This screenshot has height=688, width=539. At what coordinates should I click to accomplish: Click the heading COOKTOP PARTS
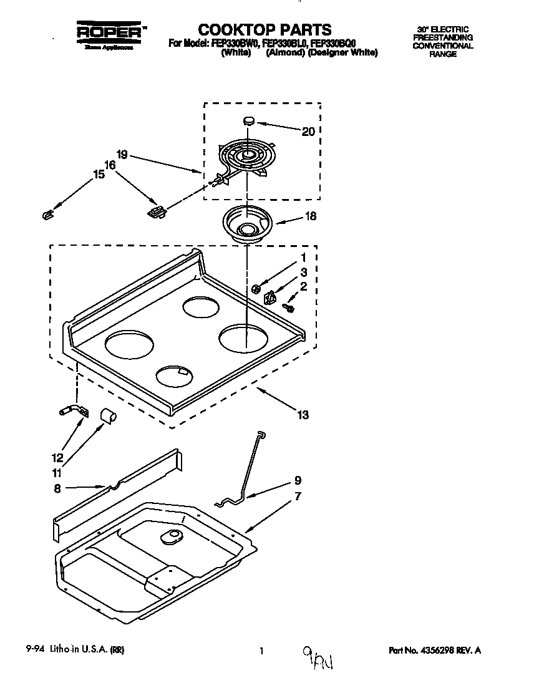(264, 29)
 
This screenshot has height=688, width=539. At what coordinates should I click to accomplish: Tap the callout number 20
(308, 131)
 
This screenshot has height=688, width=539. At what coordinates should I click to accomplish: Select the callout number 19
(122, 154)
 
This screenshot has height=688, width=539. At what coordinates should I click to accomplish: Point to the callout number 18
(309, 216)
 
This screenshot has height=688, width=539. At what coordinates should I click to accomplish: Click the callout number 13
(303, 415)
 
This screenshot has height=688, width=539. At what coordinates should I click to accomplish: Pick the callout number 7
(298, 497)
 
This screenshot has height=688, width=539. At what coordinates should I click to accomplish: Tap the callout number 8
(57, 489)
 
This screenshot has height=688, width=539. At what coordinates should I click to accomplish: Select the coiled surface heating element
(248, 156)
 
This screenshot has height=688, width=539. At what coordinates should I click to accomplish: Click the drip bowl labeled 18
(248, 226)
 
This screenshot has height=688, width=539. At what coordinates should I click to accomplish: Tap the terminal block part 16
(157, 212)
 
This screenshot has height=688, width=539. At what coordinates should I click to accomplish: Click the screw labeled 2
(289, 306)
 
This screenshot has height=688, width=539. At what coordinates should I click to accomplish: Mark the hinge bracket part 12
(74, 412)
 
